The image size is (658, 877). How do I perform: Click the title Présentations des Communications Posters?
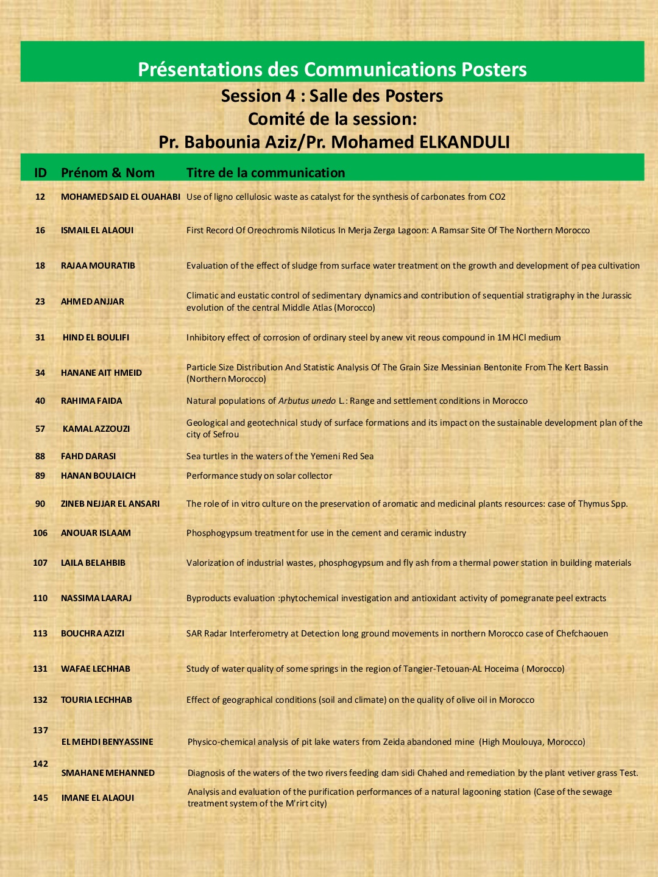point(332,69)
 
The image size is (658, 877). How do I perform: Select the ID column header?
point(40,173)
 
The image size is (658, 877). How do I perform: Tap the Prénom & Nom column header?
point(108,173)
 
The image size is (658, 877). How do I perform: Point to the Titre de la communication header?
point(266,173)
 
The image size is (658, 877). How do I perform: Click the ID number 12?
point(40,197)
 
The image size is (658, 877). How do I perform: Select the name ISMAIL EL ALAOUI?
point(97,230)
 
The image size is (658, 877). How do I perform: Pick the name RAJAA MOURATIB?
point(98,266)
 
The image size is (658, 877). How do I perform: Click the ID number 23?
point(40,301)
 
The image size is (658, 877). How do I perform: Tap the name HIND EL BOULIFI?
point(96,337)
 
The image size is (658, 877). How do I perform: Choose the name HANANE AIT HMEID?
point(101,373)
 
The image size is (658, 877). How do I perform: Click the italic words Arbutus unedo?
point(307,401)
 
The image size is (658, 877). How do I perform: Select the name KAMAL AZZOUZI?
point(96,429)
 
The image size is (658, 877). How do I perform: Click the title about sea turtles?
point(280,456)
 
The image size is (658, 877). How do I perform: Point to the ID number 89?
point(40,476)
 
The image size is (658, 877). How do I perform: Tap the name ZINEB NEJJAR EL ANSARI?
point(110,504)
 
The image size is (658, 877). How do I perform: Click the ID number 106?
point(40,533)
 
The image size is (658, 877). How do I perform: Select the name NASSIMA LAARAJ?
point(96,598)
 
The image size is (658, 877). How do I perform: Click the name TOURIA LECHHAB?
point(96,700)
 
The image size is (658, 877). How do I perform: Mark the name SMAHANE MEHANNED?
point(108,773)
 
